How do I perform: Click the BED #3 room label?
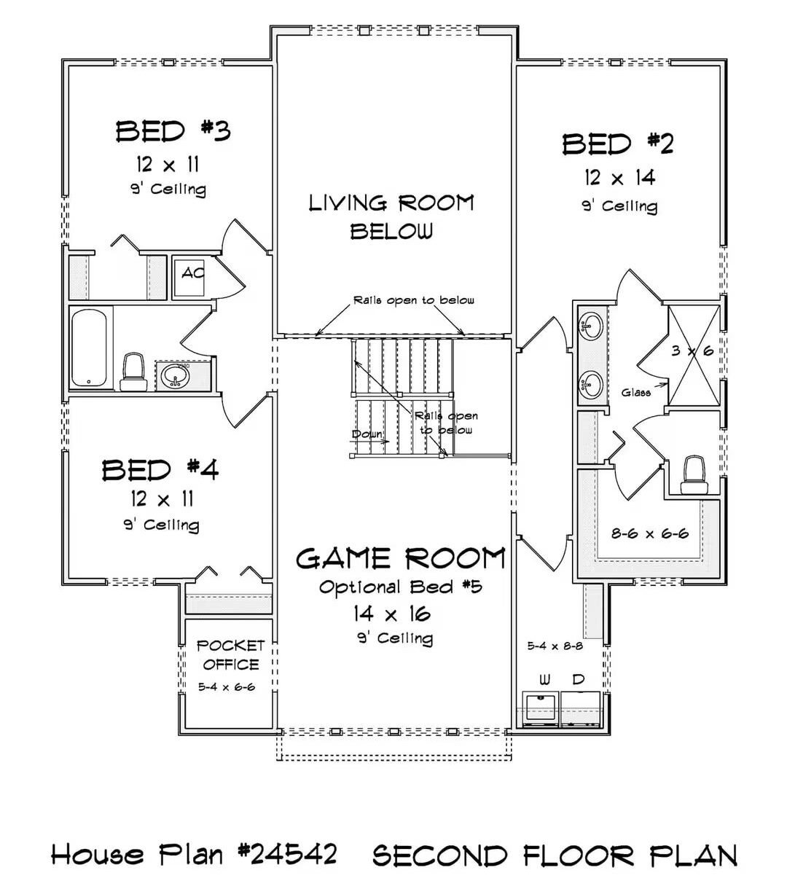click(173, 132)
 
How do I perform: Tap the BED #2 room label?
click(618, 144)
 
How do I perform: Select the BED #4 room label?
click(160, 470)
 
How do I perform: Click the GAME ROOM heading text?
click(400, 559)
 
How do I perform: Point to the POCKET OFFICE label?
click(230, 654)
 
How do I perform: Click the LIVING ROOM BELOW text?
click(391, 216)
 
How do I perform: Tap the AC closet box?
click(192, 275)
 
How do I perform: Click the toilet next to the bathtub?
click(132, 372)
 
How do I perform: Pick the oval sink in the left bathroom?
click(176, 376)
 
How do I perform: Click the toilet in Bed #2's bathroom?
click(692, 474)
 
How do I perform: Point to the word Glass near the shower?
click(635, 393)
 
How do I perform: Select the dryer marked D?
click(579, 709)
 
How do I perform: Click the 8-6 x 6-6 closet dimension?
click(649, 533)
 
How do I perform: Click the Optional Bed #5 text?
click(401, 587)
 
